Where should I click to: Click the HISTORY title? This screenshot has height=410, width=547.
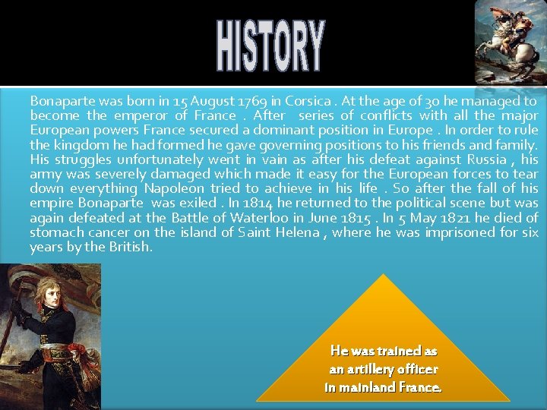270,46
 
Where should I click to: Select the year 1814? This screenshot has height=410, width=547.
260,203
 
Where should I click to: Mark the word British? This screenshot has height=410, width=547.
132,248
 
